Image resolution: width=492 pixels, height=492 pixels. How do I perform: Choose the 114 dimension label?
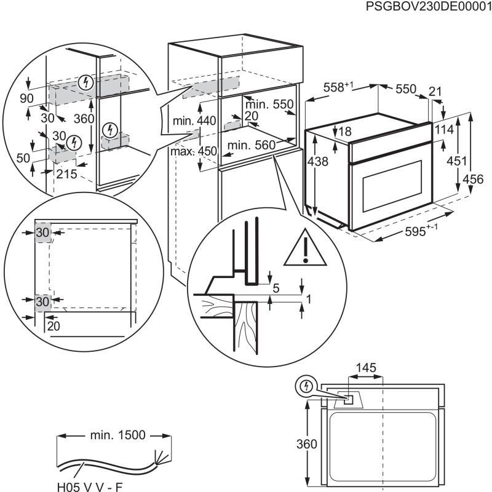(x=450, y=130)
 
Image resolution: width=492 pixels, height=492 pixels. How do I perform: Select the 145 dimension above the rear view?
(x=365, y=367)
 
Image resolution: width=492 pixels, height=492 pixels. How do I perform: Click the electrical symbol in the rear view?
(x=306, y=386)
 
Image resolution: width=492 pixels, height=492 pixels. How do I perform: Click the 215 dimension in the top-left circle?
(x=66, y=174)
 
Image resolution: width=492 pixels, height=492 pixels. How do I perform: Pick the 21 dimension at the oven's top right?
(x=435, y=92)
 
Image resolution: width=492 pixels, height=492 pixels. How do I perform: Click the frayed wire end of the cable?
(x=162, y=457)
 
